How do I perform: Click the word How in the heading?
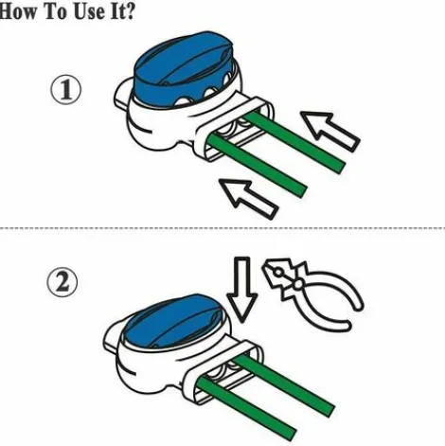pyautogui.click(x=19, y=11)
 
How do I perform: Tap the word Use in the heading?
pyautogui.click(x=89, y=11)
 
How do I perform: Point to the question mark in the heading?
pyautogui.click(x=129, y=11)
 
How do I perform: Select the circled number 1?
pyautogui.click(x=66, y=90)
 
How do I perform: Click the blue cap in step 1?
pyautogui.click(x=183, y=69)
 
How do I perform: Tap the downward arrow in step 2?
pyautogui.click(x=241, y=289)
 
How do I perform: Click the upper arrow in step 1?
pyautogui.click(x=329, y=130)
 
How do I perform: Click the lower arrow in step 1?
pyautogui.click(x=248, y=198)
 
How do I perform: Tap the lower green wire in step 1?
pyautogui.click(x=258, y=165)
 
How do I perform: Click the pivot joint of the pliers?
pyautogui.click(x=297, y=284)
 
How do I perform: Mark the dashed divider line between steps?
pyautogui.click(x=222, y=228)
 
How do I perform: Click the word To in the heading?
pyautogui.click(x=56, y=11)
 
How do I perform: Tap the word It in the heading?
pyautogui.click(x=116, y=11)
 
